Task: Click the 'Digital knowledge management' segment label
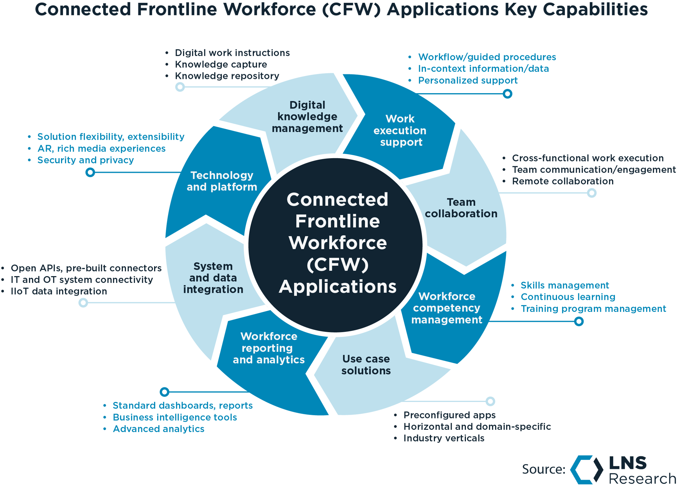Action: [x=307, y=117]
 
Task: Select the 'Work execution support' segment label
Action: [x=400, y=130]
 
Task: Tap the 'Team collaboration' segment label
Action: [x=461, y=208]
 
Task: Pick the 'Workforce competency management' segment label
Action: [x=447, y=308]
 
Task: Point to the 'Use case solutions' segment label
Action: [x=366, y=364]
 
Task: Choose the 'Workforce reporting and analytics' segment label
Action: [x=269, y=348]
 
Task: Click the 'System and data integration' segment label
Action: [x=213, y=278]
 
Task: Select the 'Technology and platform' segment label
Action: [x=222, y=181]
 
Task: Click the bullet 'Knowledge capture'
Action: [x=221, y=64]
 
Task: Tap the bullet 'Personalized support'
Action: [x=468, y=81]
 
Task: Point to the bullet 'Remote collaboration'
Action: [x=563, y=181]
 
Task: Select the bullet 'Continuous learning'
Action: [x=568, y=297]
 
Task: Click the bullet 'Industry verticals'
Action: [x=444, y=438]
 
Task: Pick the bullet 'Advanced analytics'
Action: [x=159, y=429]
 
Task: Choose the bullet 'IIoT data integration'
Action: [x=59, y=291]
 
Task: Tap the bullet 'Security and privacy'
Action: [x=85, y=160]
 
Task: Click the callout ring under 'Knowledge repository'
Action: [x=180, y=87]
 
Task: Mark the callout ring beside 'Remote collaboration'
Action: [x=592, y=193]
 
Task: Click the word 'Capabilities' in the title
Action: [x=595, y=9]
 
